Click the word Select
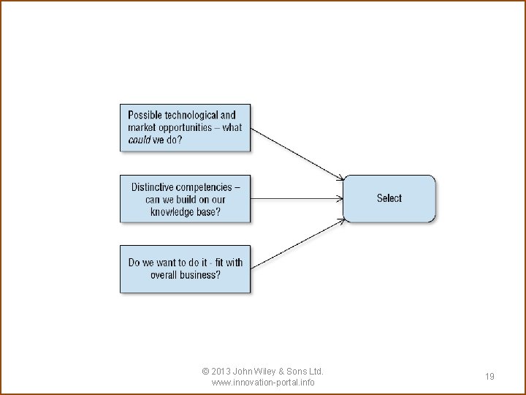point(389,198)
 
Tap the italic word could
point(139,140)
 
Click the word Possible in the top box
point(145,115)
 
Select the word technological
point(191,115)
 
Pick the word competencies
point(208,187)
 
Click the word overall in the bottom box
point(164,275)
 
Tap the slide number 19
point(489,377)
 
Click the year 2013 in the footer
point(222,372)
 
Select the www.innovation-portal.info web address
point(262,383)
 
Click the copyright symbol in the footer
point(205,372)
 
